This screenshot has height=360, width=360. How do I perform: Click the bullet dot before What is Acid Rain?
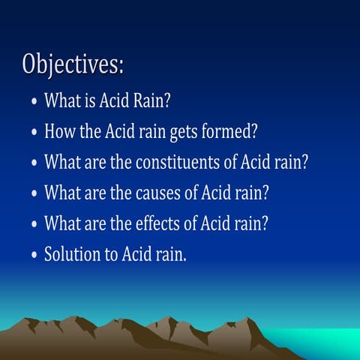tap(34, 103)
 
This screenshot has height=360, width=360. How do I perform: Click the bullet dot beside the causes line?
tap(34, 194)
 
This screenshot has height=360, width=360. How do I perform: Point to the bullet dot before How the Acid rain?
tap(34, 133)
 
